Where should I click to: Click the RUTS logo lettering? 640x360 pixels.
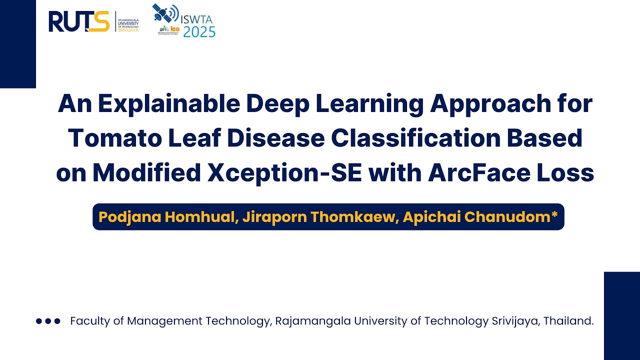pyautogui.click(x=78, y=21)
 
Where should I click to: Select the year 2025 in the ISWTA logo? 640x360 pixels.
pyautogui.click(x=199, y=32)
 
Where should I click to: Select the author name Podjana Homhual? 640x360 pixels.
pyautogui.click(x=167, y=217)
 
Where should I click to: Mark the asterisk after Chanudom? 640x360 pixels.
pyautogui.click(x=554, y=215)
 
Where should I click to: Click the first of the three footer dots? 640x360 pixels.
pyautogui.click(x=39, y=321)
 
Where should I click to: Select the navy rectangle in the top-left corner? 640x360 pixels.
pyautogui.click(x=17, y=44)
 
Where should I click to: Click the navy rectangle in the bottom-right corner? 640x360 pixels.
pyautogui.click(x=621, y=315)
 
